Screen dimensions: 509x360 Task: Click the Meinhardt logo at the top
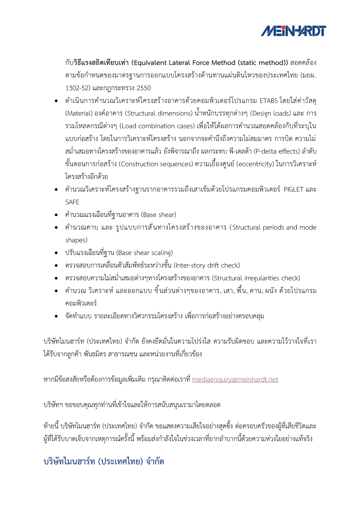pyautogui.click(x=293, y=31)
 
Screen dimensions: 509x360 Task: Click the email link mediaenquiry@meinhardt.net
pyautogui.click(x=235, y=379)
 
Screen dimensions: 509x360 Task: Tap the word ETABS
pyautogui.click(x=269, y=101)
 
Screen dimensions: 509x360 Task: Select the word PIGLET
pyautogui.click(x=293, y=189)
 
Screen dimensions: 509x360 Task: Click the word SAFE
pyautogui.click(x=72, y=202)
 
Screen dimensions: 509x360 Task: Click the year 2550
pyautogui.click(x=144, y=88)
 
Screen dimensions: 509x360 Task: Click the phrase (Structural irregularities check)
pyautogui.click(x=256, y=278)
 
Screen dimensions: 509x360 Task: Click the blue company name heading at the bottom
pyautogui.click(x=104, y=461)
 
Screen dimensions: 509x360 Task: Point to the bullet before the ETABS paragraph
pyautogui.click(x=56, y=101)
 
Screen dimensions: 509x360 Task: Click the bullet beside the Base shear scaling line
pyautogui.click(x=56, y=253)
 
